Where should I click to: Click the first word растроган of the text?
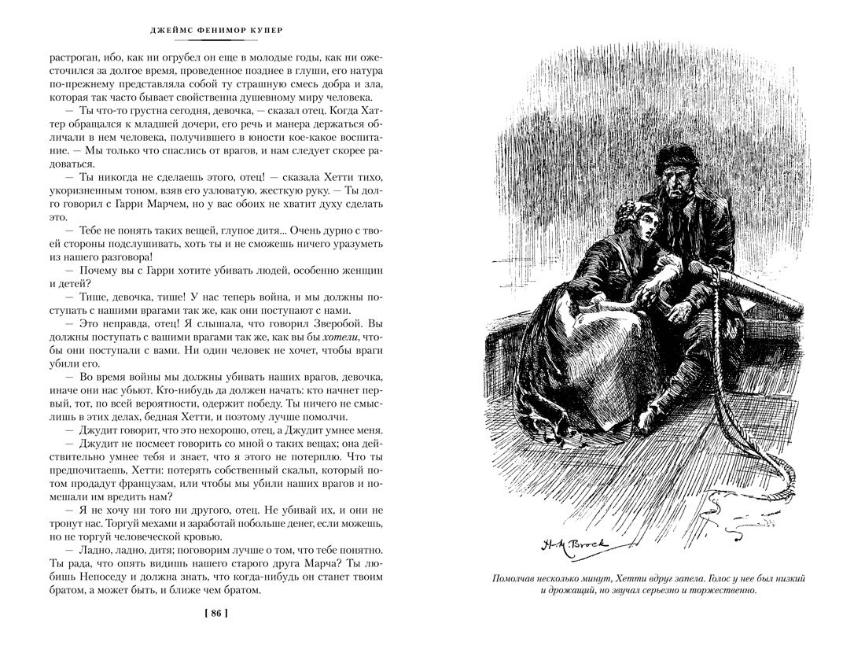coord(77,57)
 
